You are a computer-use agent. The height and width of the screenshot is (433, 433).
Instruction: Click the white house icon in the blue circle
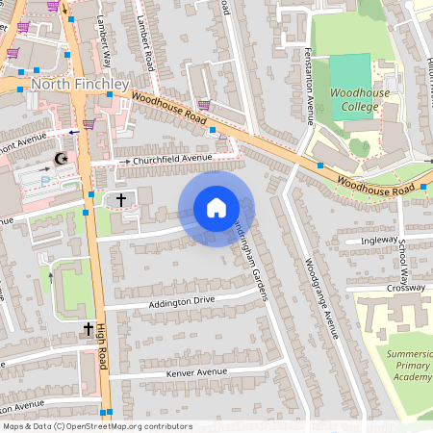click(216, 208)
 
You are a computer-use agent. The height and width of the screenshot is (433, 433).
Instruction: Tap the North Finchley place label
click(79, 85)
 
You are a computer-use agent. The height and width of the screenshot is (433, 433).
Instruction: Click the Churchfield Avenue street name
click(172, 158)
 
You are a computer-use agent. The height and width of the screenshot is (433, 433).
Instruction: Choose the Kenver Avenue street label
click(196, 371)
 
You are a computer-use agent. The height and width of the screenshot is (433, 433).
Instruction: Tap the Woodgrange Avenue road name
click(321, 297)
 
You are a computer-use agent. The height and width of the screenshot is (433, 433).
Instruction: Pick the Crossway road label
click(404, 288)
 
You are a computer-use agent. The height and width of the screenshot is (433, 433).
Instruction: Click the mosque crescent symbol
click(63, 158)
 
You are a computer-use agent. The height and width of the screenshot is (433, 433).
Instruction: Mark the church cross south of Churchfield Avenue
click(120, 199)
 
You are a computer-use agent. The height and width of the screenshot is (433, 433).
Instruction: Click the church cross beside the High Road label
click(88, 329)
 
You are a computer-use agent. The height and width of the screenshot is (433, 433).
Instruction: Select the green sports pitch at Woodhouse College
click(350, 73)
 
